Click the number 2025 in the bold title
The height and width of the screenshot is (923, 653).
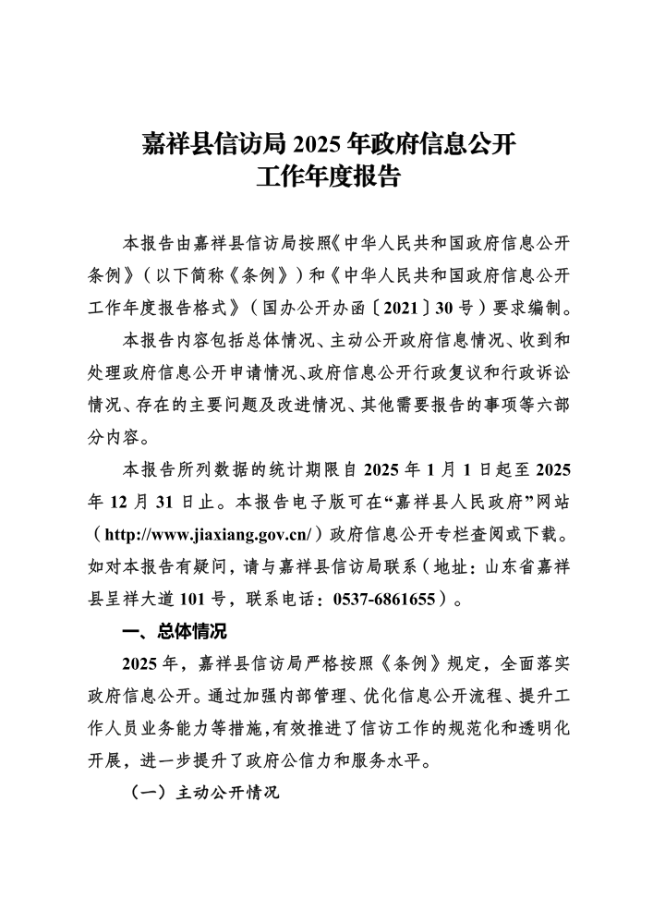[x=316, y=144]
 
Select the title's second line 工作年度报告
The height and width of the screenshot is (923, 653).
[x=327, y=176]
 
